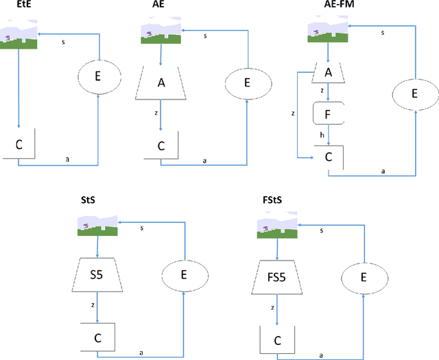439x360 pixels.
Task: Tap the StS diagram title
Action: pos(89,200)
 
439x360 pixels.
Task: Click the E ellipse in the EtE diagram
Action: pos(98,77)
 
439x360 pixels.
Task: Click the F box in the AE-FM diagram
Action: pos(329,114)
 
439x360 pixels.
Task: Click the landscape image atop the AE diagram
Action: pos(161,32)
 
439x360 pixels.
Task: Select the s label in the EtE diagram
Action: pos(63,42)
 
